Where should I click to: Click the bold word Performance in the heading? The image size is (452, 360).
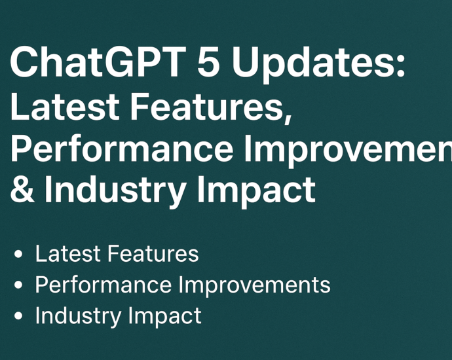(121, 149)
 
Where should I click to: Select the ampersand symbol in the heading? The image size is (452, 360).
(22, 190)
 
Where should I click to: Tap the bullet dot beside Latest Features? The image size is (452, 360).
(20, 255)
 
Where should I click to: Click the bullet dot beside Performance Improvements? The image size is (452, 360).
(20, 286)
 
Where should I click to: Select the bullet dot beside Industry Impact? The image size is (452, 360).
(20, 317)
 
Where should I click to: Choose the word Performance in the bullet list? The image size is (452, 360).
(104, 285)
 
